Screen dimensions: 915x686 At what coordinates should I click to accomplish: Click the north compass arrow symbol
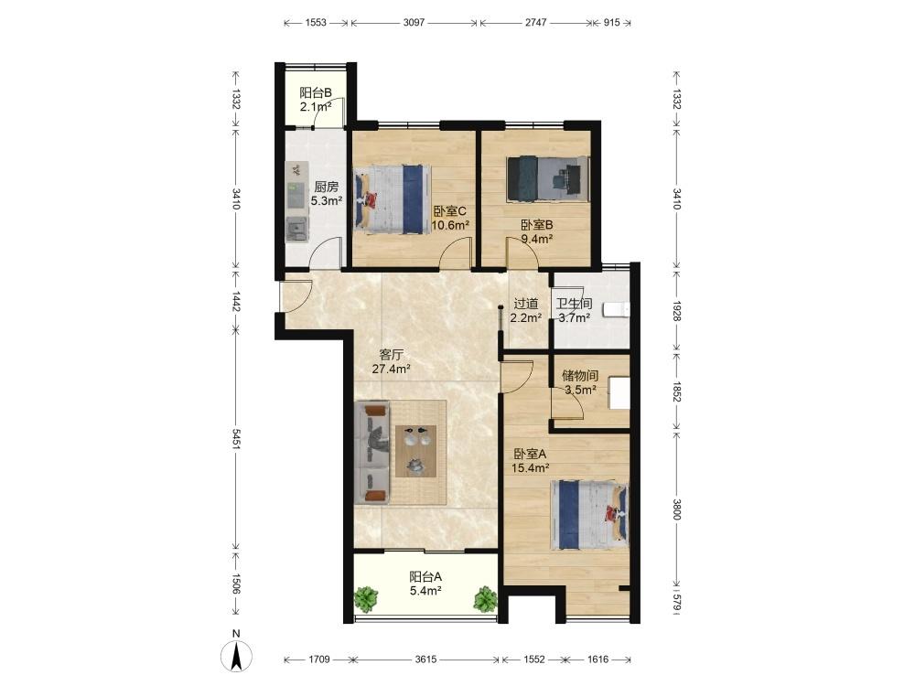(236, 656)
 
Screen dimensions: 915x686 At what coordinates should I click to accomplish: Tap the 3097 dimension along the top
(414, 23)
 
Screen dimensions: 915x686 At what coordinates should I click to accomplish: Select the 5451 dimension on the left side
(236, 439)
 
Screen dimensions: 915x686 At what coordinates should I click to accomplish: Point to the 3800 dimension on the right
(676, 509)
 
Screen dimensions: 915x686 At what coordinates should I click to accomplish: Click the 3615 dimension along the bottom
(425, 659)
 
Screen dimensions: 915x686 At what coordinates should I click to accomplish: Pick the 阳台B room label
(316, 92)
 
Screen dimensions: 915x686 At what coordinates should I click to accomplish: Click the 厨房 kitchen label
(327, 188)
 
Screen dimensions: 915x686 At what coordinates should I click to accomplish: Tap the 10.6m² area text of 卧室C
(450, 225)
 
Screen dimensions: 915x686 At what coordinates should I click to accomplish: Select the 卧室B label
(537, 225)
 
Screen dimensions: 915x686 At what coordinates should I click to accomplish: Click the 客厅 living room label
(391, 355)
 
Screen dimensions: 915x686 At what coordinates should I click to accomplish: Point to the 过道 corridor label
(526, 304)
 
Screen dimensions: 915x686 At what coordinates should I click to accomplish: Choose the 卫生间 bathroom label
(575, 304)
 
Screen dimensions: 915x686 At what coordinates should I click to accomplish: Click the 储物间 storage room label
(580, 376)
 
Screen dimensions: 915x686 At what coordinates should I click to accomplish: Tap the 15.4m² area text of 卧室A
(531, 467)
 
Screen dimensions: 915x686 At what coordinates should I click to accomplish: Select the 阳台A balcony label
(425, 577)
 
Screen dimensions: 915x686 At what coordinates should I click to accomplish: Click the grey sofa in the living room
(371, 452)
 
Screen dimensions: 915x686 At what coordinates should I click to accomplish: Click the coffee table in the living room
(415, 451)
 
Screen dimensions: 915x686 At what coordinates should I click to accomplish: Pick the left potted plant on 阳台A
(366, 599)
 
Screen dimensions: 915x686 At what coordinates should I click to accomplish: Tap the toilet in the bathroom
(616, 310)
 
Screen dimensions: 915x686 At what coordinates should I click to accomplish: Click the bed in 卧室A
(589, 514)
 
